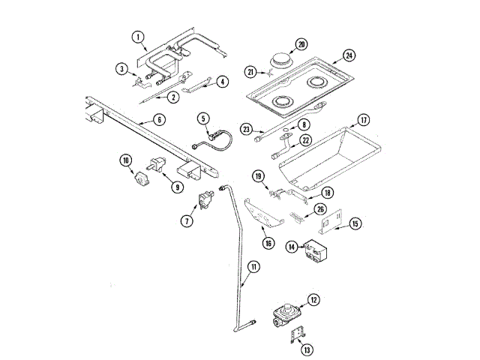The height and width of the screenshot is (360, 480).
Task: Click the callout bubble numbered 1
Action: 138,35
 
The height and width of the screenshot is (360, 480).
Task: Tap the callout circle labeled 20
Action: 301,44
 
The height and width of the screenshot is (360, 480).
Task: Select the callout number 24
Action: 349,55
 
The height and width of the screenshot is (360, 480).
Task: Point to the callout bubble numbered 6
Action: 160,119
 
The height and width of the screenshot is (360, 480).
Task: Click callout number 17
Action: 363,119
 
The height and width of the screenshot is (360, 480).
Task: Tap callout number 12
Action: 313,300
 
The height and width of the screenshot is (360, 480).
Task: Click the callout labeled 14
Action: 291,245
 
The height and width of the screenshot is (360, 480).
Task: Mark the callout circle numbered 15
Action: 355,223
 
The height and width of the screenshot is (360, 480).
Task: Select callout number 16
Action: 268,242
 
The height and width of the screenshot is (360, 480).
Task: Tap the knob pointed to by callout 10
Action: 139,180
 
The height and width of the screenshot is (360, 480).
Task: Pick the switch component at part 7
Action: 205,201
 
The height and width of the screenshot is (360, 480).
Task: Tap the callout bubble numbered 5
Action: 203,118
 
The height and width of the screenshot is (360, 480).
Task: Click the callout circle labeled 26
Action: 320,209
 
